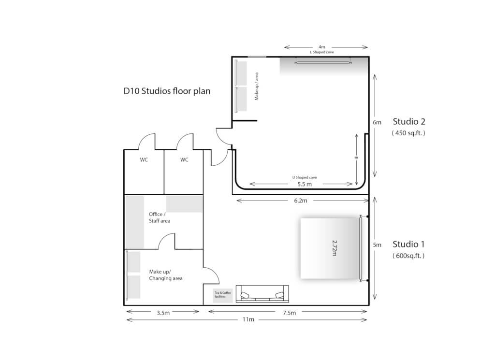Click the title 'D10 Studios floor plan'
167,91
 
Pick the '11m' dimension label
248,319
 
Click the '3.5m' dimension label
163,312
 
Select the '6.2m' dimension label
300,200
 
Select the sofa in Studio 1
262,294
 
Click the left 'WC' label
144,160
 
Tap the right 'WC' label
184,160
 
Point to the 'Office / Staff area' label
159,217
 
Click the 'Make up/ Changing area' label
165,275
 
